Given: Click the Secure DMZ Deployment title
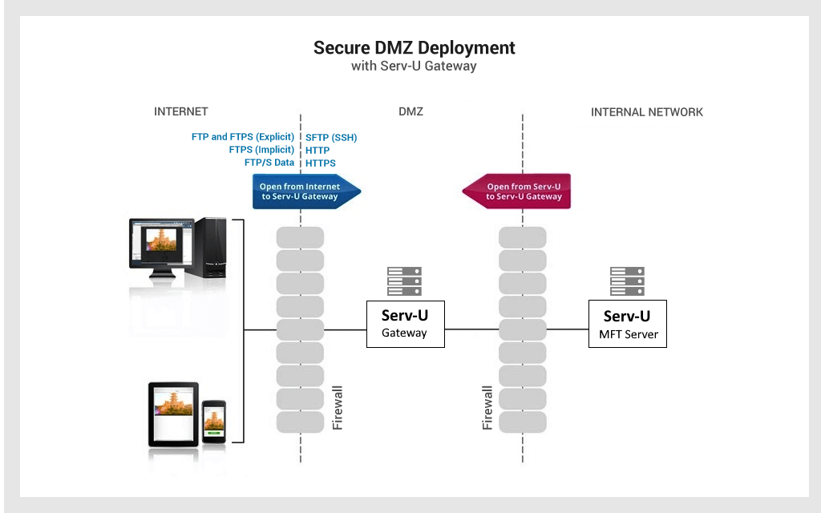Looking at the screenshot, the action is pyautogui.click(x=415, y=47).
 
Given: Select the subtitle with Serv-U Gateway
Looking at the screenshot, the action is pyautogui.click(x=414, y=66).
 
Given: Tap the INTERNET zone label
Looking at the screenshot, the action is pyautogui.click(x=180, y=111).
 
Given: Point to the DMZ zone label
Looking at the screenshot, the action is pyautogui.click(x=410, y=111).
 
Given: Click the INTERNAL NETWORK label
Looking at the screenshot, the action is pyautogui.click(x=647, y=112).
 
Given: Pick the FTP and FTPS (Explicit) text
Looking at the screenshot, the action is pyautogui.click(x=243, y=136).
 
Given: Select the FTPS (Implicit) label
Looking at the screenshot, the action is pyautogui.click(x=262, y=150).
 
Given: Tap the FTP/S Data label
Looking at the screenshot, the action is pyautogui.click(x=269, y=162).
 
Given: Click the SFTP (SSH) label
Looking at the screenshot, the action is pyautogui.click(x=331, y=138).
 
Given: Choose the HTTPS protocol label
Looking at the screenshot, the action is pyautogui.click(x=321, y=164).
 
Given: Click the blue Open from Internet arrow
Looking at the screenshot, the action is pyautogui.click(x=307, y=191).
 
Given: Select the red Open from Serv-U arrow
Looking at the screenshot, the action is pyautogui.click(x=516, y=191).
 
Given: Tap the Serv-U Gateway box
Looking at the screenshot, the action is pyautogui.click(x=405, y=324).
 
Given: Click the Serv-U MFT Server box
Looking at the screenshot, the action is pyautogui.click(x=627, y=324).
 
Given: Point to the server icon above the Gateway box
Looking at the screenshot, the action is pyautogui.click(x=404, y=281).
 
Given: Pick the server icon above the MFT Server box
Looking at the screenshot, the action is pyautogui.click(x=627, y=281).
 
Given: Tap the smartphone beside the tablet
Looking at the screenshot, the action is pyautogui.click(x=214, y=422).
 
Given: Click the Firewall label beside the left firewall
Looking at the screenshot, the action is pyautogui.click(x=338, y=408).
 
